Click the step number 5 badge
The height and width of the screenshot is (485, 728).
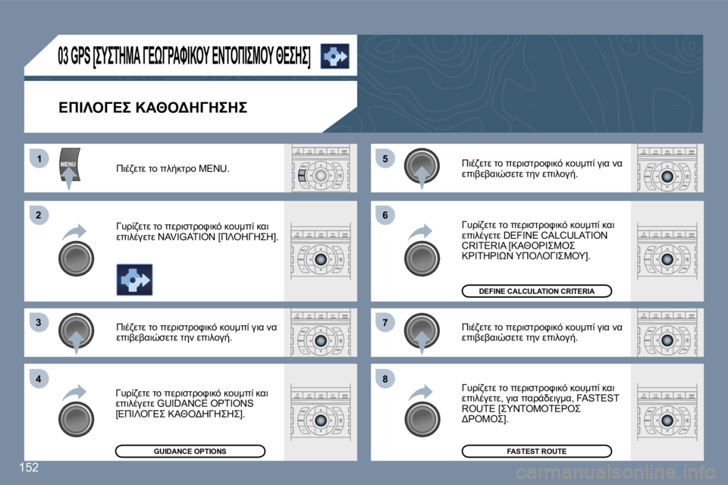(385, 158)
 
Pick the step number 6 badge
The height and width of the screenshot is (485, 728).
(385, 217)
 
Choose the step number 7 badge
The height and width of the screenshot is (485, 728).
(385, 324)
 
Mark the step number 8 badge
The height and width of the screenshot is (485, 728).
(385, 379)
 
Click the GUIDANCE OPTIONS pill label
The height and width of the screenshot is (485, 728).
(190, 451)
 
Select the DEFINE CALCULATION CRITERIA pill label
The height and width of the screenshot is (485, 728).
(536, 291)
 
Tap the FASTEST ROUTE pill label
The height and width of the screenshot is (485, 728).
(536, 451)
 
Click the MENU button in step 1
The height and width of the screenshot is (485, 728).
(69, 164)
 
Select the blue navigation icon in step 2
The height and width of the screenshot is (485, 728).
(134, 280)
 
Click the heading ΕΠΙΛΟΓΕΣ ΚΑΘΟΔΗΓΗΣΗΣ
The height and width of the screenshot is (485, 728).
(152, 108)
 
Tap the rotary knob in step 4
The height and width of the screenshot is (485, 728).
(76, 418)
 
